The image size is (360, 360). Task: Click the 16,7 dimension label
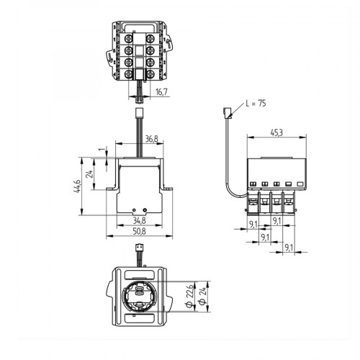[x=161, y=92]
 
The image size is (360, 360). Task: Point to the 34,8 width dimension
[x=140, y=220]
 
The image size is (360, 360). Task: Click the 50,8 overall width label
[x=140, y=232]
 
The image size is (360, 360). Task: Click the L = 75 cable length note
[x=251, y=104]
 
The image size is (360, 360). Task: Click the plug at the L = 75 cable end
[x=228, y=112]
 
